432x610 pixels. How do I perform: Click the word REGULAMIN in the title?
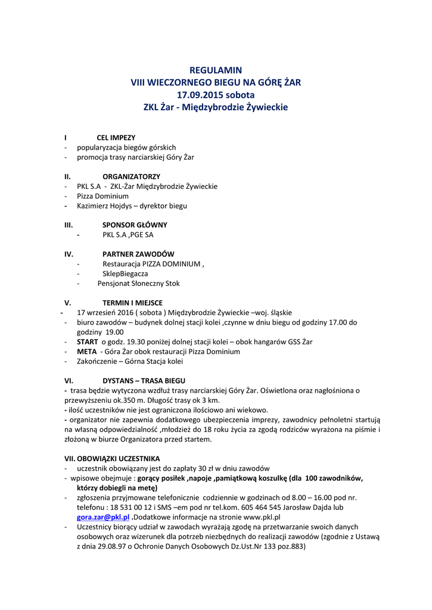point(216,70)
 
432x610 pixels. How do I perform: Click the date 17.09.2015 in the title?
point(199,95)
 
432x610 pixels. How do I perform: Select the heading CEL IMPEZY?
point(116,138)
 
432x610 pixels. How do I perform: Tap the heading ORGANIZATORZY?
point(131,177)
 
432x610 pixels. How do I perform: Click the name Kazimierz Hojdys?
point(104,206)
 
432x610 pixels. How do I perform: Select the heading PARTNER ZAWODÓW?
point(138,254)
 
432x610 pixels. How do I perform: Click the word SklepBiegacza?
point(125,274)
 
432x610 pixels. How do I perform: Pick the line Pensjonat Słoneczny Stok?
point(138,284)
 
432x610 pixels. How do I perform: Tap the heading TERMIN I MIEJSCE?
point(132,303)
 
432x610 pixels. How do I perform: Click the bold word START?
point(88,342)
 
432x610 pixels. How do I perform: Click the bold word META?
point(86,351)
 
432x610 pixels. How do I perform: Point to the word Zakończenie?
point(97,362)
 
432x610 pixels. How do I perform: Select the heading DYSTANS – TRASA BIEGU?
point(144,381)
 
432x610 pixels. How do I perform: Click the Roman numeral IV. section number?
point(69,254)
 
